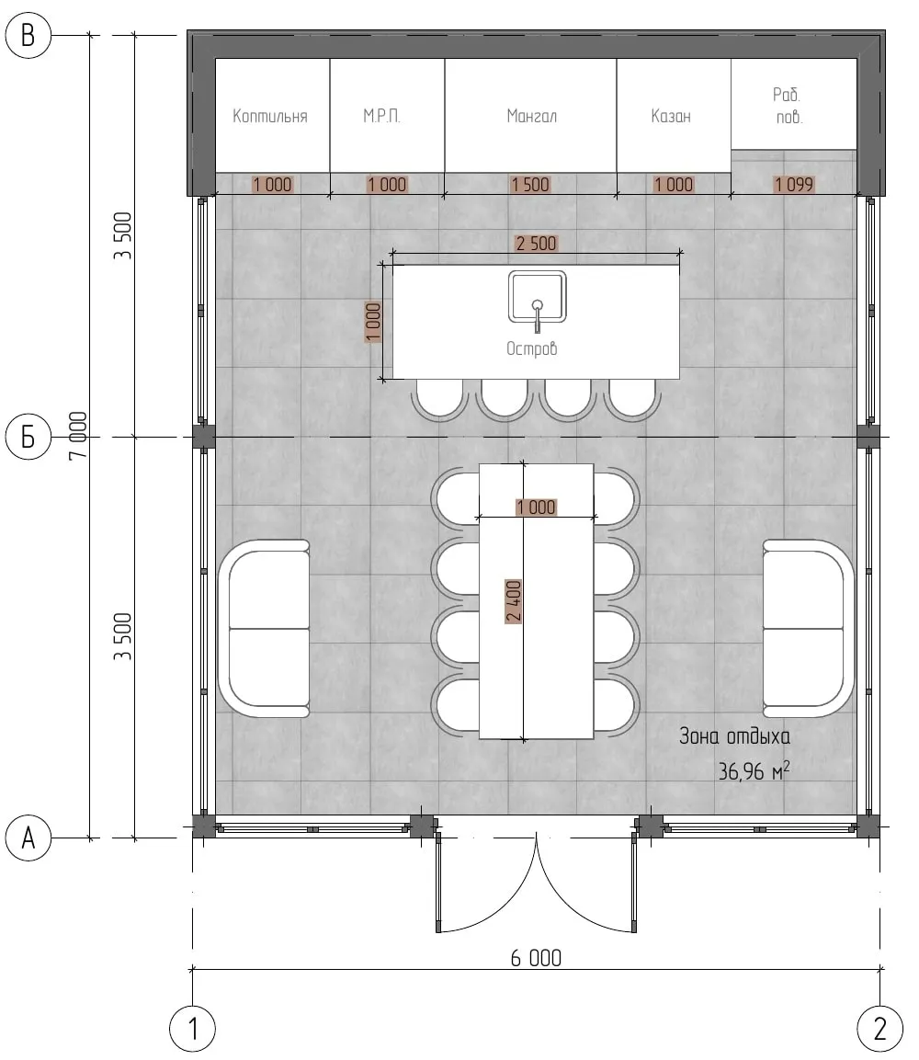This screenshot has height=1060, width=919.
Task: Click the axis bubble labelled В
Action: (x=28, y=35)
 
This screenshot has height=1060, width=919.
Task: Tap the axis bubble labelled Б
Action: (x=28, y=437)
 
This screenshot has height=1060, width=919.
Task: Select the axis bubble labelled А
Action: (x=28, y=838)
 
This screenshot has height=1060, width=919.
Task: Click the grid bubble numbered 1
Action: (x=193, y=1029)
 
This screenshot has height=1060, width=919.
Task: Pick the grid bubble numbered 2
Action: (x=879, y=1029)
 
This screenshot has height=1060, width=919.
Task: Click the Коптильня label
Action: (x=269, y=116)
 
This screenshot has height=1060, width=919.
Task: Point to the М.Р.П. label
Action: (x=381, y=116)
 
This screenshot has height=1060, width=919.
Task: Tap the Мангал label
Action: (x=532, y=116)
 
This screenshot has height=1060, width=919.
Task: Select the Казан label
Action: (x=671, y=116)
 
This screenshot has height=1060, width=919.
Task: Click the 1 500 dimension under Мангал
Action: (x=530, y=184)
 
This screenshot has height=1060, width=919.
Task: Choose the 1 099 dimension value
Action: (x=794, y=184)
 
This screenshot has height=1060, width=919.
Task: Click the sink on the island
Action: (x=538, y=298)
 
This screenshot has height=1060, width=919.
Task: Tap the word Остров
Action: (x=532, y=348)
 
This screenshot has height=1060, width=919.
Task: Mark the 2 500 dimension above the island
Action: (x=536, y=244)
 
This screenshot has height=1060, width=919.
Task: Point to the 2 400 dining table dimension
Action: (x=514, y=601)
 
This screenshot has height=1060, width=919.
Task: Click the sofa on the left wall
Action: (x=264, y=629)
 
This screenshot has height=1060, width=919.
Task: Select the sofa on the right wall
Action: (x=808, y=629)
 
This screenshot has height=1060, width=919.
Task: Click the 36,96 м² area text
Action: (x=754, y=770)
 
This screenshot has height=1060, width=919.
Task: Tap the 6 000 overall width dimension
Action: (x=536, y=958)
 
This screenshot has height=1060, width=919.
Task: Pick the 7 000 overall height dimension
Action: (x=78, y=436)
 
